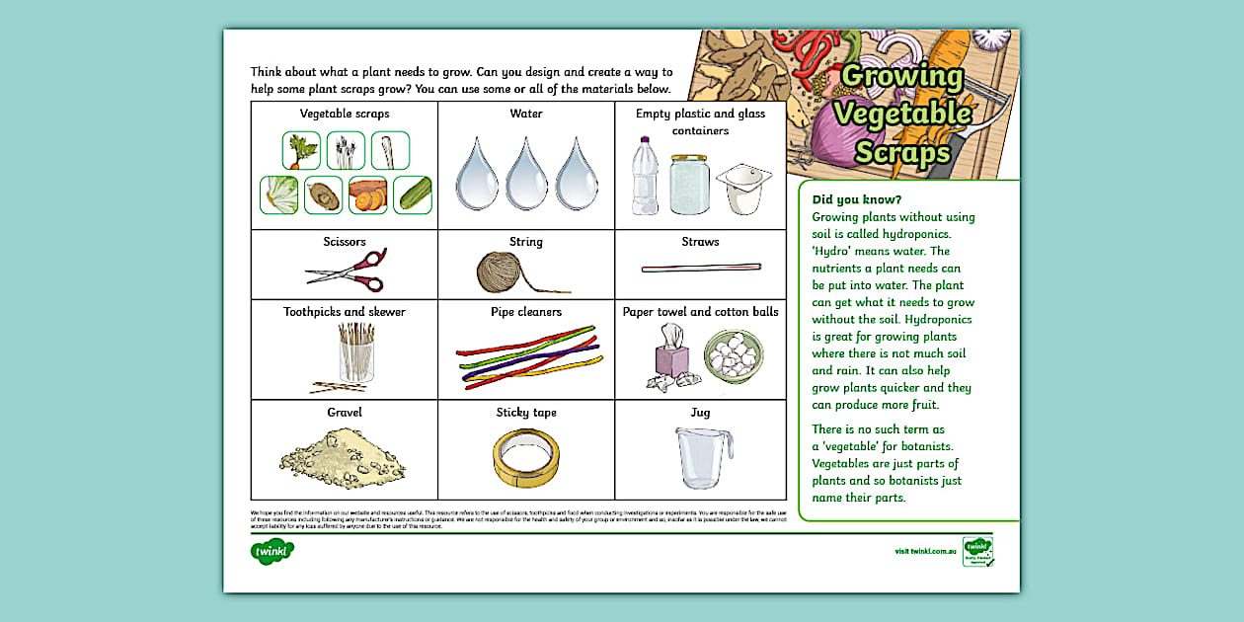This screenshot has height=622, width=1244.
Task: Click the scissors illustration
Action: (346, 271)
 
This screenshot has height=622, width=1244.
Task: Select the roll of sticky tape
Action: (525, 458)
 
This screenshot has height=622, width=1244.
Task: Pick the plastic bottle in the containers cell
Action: (645, 176)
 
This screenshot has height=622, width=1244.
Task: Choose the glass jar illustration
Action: (688, 184)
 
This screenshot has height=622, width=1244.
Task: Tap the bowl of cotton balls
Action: (733, 355)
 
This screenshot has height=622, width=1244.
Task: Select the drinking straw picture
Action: (701, 268)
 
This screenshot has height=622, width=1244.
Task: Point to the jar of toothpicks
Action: (356, 352)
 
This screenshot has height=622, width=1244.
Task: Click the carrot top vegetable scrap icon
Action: (301, 151)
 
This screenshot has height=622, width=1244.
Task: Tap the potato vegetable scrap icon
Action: (323, 195)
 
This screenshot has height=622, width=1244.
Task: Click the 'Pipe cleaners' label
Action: (526, 312)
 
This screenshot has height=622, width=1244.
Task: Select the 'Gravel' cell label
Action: (345, 412)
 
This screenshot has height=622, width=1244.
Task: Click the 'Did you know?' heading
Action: (849, 199)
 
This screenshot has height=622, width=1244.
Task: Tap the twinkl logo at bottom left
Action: (272, 550)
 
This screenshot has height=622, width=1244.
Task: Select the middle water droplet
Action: (526, 175)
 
